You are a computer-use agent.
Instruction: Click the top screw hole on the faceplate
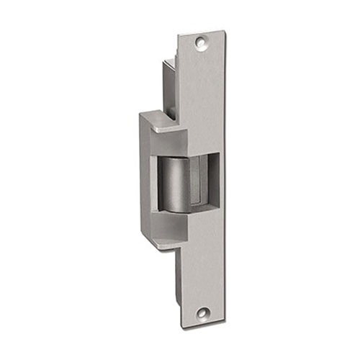pyautogui.click(x=202, y=44)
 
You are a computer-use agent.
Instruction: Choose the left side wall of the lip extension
pyautogui.click(x=146, y=180)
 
